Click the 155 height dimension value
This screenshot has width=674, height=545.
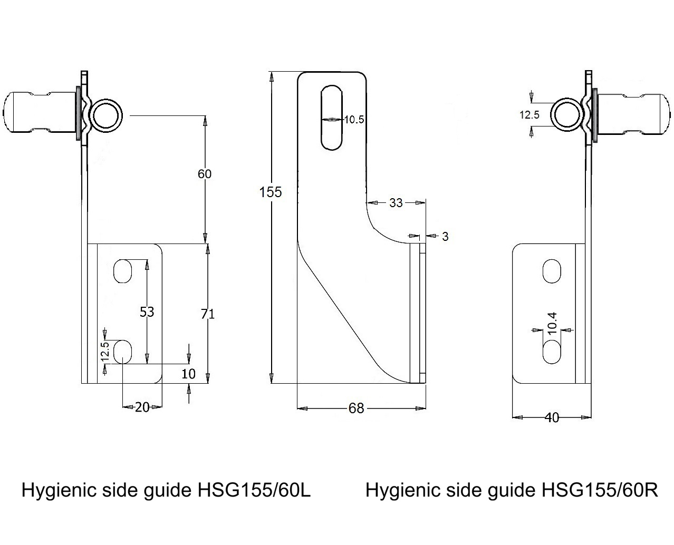(x=271, y=192)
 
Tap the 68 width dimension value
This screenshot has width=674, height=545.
(x=357, y=408)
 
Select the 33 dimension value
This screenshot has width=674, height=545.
(x=396, y=202)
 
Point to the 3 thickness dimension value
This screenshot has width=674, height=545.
(x=445, y=237)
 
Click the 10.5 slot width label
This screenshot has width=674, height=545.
(x=354, y=120)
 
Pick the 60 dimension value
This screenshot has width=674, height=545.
(x=204, y=173)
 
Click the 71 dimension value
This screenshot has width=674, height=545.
(x=208, y=314)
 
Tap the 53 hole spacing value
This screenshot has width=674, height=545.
(x=147, y=312)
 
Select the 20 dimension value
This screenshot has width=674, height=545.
(x=142, y=407)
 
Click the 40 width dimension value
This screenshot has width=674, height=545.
(x=552, y=417)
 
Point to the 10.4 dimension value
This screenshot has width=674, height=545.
(x=552, y=323)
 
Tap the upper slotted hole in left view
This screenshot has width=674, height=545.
(x=122, y=271)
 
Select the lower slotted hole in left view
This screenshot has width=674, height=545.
(x=122, y=352)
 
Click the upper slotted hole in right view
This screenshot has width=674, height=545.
(x=552, y=271)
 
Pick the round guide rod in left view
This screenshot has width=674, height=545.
(x=107, y=115)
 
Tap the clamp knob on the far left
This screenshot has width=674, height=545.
(x=37, y=114)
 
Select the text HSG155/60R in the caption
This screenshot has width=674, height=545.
(x=600, y=490)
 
